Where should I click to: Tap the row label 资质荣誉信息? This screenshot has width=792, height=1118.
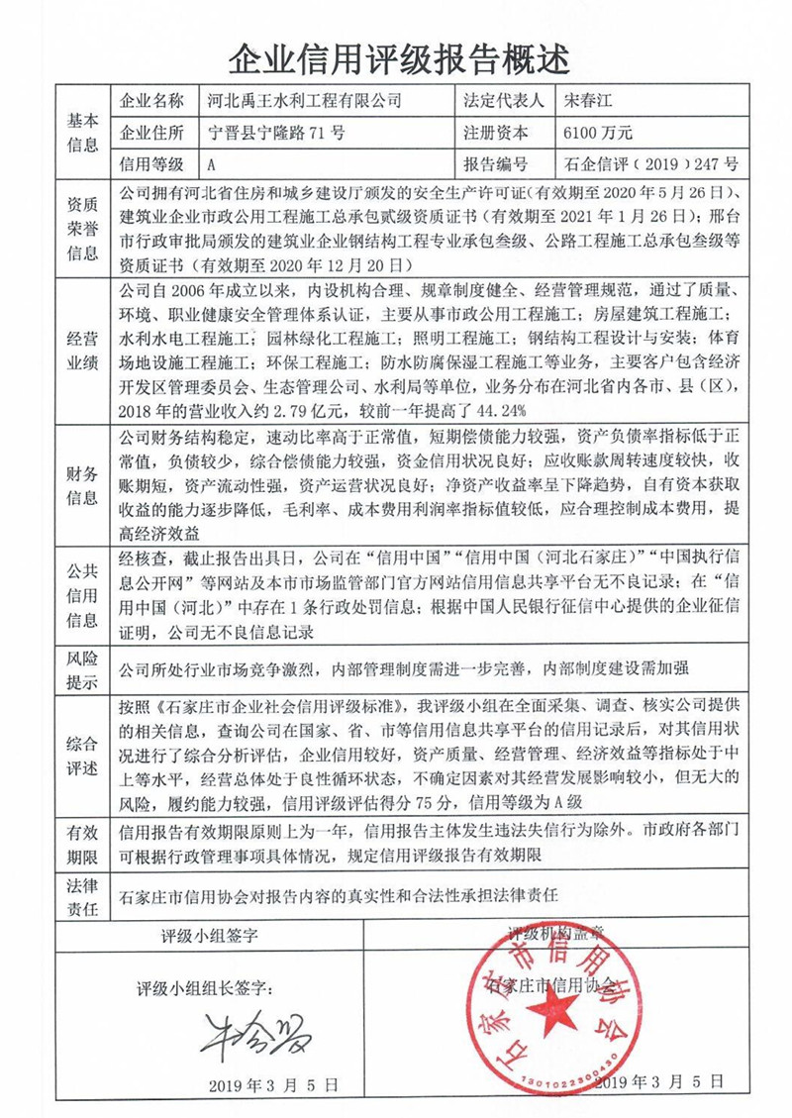[x=82, y=228]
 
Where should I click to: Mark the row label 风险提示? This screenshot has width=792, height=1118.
[x=82, y=669]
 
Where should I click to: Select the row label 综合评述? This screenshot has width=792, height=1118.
[x=82, y=755]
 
